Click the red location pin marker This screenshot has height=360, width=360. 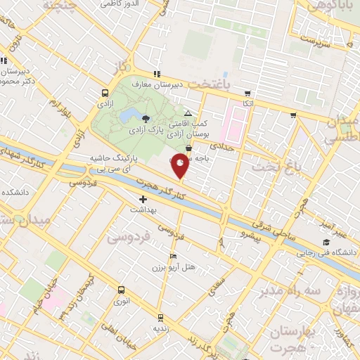[x=180, y=165]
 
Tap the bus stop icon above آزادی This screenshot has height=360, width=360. [x=105, y=92]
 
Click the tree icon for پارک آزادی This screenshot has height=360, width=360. [x=146, y=118]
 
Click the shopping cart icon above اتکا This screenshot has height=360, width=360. [x=247, y=93]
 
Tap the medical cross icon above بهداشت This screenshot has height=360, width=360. [x=143, y=199]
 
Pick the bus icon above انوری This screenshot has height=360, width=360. [x=122, y=290]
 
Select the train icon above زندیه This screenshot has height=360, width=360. [x=161, y=317]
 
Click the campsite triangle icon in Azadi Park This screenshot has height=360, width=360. [x=187, y=112]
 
